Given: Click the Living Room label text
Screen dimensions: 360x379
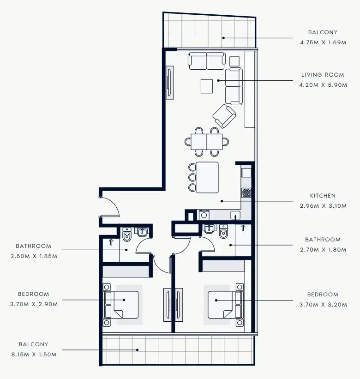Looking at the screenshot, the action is (x=323, y=75).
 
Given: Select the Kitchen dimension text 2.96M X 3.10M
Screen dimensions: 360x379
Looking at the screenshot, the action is (x=323, y=206).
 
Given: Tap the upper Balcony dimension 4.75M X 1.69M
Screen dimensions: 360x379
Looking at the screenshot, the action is (x=323, y=42).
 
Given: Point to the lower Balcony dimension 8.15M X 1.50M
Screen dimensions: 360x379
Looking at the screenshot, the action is (x=34, y=355).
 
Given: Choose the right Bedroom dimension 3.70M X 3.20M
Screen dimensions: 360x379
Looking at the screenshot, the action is (x=323, y=305).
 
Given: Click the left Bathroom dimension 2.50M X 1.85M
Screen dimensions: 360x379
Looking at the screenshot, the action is (x=34, y=256).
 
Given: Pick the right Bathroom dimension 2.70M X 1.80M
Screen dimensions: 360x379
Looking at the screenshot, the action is (x=323, y=250).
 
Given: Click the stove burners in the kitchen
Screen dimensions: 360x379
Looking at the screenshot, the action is (x=246, y=193).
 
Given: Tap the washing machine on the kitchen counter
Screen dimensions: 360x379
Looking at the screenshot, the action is (x=204, y=215).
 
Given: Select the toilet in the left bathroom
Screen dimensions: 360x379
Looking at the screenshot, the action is (x=127, y=235).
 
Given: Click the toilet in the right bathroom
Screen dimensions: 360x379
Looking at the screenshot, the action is (x=223, y=232).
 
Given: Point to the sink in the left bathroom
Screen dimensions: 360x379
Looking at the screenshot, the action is (x=142, y=232).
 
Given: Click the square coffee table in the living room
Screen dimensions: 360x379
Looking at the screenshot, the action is (x=207, y=86).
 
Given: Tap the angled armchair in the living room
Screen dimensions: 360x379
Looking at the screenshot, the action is (x=224, y=116).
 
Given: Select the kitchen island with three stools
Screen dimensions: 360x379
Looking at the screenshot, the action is (x=207, y=177).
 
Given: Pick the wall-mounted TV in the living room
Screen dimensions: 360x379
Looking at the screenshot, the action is (x=169, y=83).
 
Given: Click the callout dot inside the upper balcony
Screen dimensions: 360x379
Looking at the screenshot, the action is (x=223, y=38).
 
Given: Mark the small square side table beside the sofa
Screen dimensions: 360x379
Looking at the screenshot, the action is (x=234, y=61).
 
